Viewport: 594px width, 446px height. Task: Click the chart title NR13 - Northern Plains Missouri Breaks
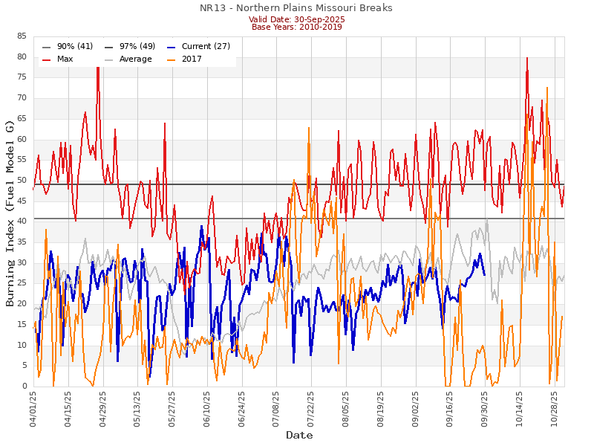296,8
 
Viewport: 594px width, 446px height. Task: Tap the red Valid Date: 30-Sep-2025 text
297,19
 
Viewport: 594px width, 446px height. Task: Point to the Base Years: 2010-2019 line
297,27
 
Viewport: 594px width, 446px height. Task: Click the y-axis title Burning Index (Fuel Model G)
10,213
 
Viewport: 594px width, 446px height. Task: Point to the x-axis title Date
299,435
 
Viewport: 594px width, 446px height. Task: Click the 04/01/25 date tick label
34,409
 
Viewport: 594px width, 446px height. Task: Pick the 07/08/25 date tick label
276,409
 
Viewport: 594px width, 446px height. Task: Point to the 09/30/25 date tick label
485,409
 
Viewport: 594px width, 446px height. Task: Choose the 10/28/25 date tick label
554,409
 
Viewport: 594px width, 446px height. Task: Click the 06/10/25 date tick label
207,409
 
